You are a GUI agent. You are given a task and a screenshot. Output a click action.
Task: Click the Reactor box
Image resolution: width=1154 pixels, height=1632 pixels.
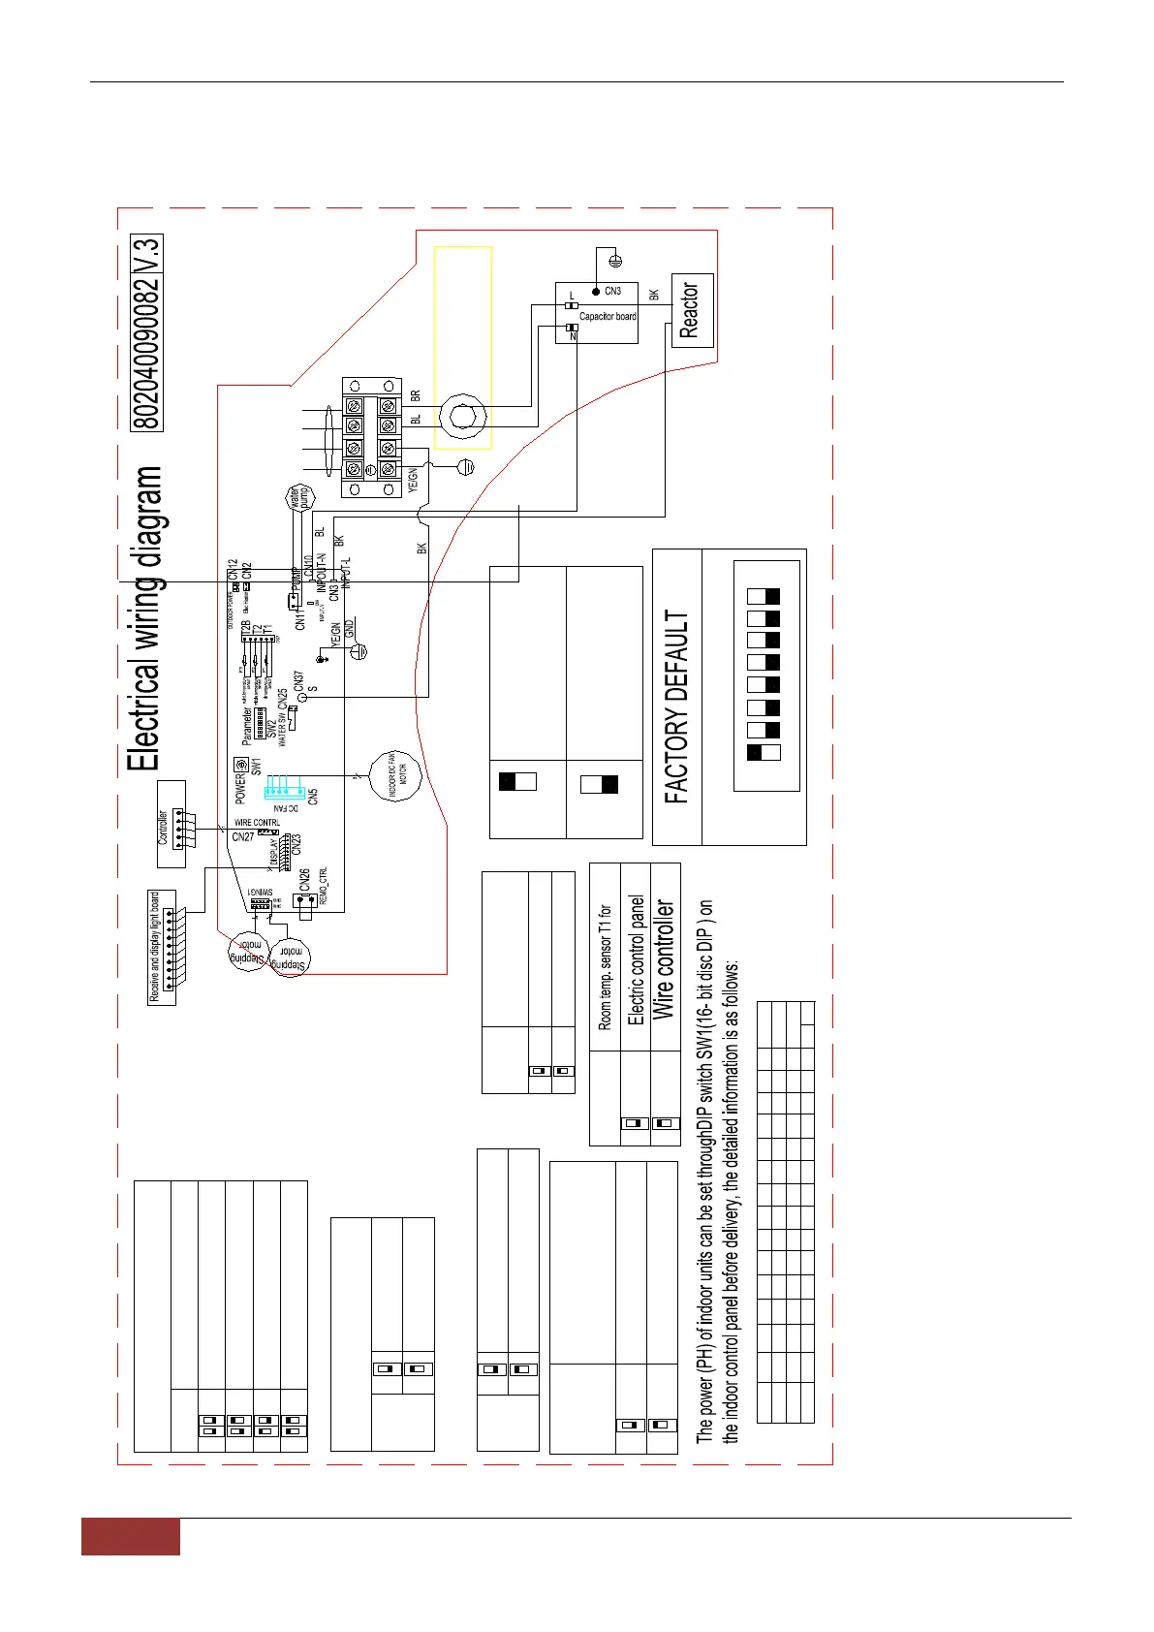pos(692,311)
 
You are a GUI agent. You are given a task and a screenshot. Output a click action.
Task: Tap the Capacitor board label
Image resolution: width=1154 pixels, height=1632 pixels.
pos(608,317)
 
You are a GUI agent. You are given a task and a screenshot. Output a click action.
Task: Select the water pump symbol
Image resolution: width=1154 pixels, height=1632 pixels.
pos(296,499)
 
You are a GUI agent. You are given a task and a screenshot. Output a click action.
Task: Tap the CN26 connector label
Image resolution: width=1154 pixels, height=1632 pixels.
pos(304,879)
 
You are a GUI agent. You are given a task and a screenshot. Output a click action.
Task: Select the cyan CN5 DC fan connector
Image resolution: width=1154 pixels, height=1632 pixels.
pos(289,784)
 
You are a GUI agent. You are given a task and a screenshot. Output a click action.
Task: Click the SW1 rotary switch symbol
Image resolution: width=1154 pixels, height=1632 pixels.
pos(241,766)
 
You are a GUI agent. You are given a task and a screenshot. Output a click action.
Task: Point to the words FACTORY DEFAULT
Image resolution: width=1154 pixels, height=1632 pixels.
pos(677,706)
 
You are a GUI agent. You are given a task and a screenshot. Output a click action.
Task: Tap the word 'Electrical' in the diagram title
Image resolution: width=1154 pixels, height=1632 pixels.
pos(144,718)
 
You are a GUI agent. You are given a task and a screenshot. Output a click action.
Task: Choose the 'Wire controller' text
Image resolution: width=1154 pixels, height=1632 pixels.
pos(664,958)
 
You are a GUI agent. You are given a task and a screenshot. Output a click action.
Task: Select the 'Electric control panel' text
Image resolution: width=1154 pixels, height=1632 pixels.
pos(636,959)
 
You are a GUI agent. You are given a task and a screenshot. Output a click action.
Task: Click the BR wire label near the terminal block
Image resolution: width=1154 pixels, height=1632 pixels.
pos(416,396)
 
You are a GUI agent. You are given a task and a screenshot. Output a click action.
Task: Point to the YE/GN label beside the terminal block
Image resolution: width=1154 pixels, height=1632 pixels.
pos(414,480)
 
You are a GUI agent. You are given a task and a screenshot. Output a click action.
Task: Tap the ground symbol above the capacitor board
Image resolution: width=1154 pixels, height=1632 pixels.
pos(612,259)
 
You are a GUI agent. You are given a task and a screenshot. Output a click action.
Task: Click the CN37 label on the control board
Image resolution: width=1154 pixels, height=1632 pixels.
pos(298,681)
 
